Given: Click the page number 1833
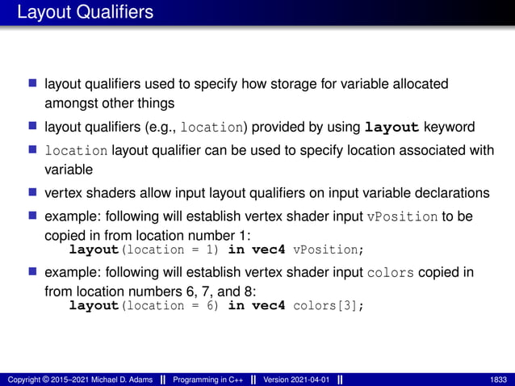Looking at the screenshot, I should click(499, 379).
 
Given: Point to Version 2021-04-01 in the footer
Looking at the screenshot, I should click(294, 379).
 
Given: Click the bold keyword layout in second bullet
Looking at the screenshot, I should click(392, 127).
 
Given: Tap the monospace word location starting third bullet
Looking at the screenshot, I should click(76, 151).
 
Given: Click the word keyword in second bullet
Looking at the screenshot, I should click(450, 127).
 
